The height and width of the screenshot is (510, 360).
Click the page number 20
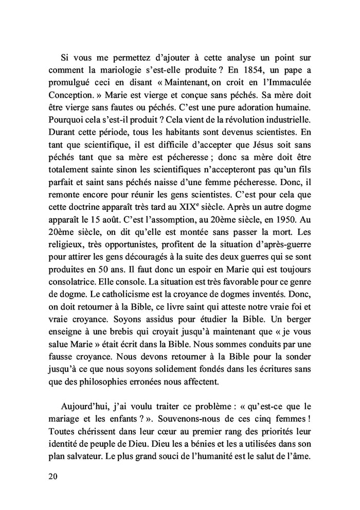pos(53,477)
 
